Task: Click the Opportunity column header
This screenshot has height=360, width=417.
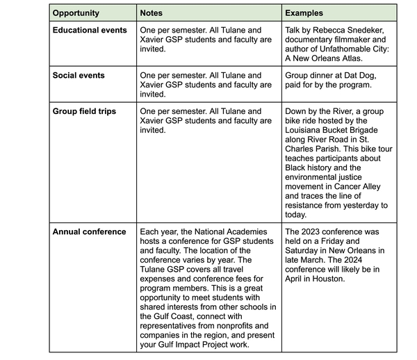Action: point(76,13)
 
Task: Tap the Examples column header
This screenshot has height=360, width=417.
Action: point(304,13)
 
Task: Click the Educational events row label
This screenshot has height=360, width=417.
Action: point(90,31)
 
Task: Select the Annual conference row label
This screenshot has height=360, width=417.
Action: point(90,231)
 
